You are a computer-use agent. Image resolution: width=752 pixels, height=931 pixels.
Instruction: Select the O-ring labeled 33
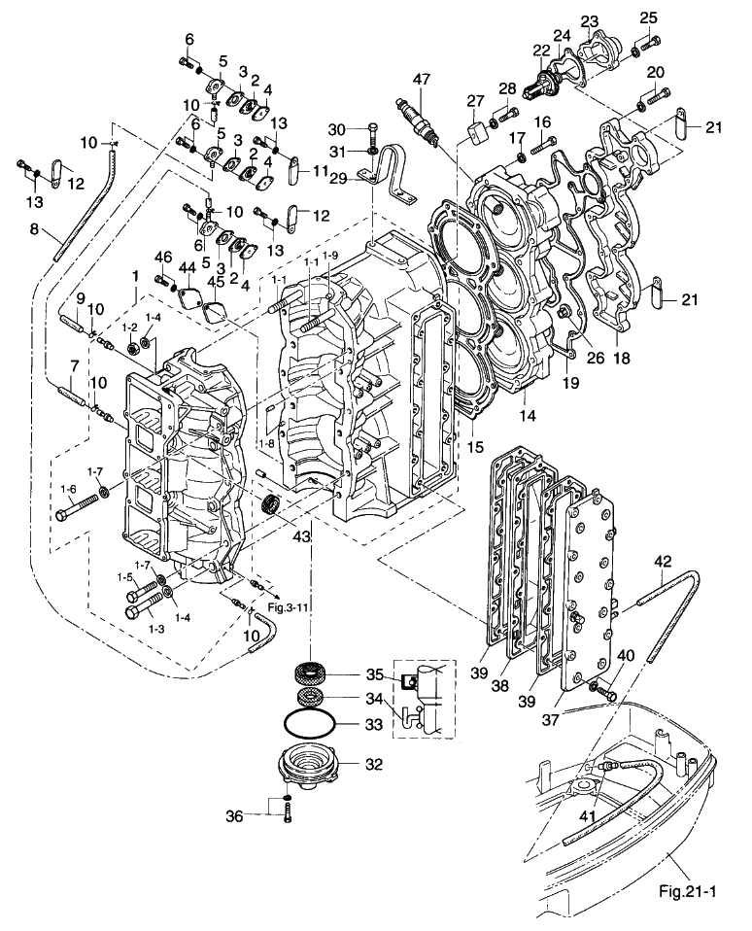311,724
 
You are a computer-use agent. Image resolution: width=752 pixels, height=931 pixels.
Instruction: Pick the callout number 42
664,561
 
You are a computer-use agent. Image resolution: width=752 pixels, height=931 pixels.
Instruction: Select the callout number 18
622,359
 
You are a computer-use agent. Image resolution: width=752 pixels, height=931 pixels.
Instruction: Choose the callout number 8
34,231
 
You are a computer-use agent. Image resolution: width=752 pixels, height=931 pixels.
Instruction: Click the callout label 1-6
68,488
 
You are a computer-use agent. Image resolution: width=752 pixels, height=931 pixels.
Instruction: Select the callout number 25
648,17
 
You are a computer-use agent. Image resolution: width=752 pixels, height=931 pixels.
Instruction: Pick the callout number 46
162,257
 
